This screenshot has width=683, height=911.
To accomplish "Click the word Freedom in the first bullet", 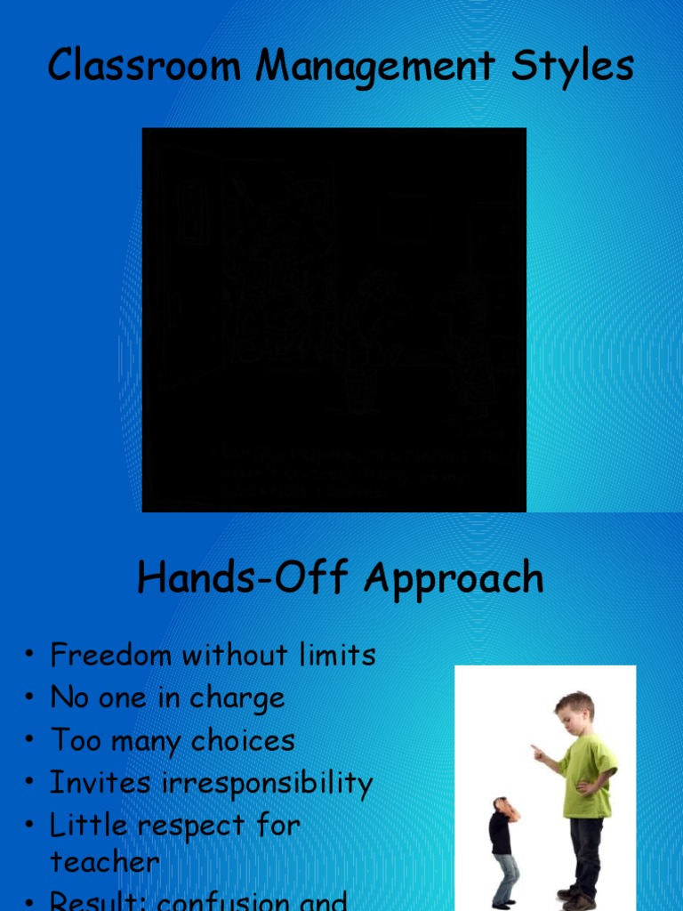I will pyautogui.click(x=111, y=656).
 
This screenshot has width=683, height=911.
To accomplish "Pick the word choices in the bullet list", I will pyautogui.click(x=239, y=741).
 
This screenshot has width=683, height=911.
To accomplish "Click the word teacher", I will pyautogui.click(x=105, y=862).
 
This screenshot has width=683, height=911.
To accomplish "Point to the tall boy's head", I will pyautogui.click(x=575, y=713).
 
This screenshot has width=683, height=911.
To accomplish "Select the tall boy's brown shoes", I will pyautogui.click(x=577, y=899).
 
